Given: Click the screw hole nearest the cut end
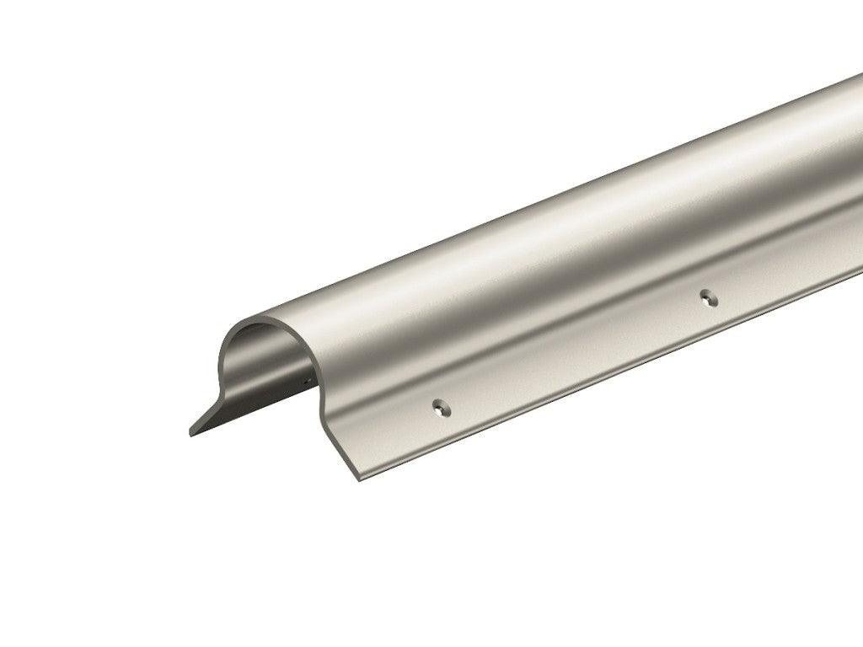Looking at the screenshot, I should tap(441, 409).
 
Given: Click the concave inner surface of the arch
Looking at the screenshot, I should tap(253, 362).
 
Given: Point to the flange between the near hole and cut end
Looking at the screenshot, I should tap(388, 438).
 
